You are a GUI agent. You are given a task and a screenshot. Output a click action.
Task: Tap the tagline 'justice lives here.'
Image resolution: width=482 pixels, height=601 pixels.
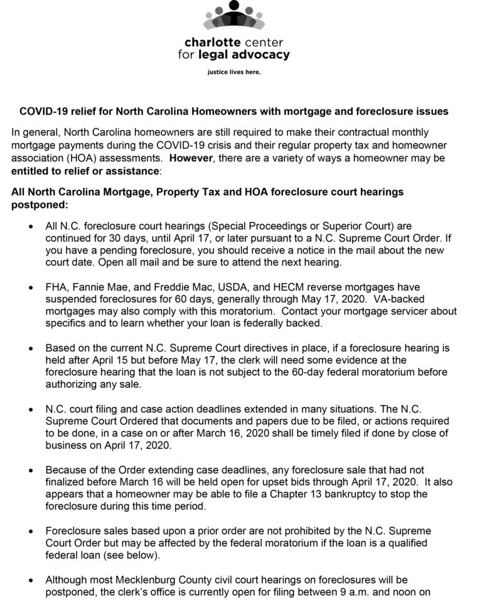(x=233, y=72)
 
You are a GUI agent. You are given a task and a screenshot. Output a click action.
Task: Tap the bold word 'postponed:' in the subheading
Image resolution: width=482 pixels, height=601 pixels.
(x=38, y=205)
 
